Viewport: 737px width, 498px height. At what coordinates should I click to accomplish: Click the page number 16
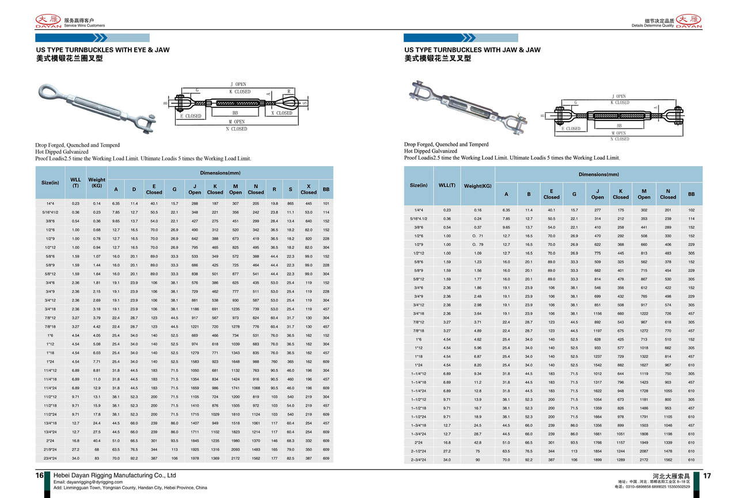40,476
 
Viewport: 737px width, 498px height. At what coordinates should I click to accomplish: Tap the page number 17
708,476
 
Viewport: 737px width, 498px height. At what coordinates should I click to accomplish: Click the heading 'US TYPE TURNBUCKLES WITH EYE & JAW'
103,50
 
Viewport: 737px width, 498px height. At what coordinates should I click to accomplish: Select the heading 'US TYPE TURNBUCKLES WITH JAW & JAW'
472,50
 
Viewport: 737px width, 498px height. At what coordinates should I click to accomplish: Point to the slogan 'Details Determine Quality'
652,26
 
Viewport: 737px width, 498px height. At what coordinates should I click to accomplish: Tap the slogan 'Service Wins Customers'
85,26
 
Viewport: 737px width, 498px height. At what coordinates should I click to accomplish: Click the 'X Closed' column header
309,189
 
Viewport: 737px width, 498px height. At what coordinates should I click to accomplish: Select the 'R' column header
274,189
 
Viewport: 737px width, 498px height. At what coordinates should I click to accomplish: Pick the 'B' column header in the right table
529,194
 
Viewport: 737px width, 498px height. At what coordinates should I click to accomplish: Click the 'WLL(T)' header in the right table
447,185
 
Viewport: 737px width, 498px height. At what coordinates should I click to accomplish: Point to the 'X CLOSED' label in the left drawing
282,114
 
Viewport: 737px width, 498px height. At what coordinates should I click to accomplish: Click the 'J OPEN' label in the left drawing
238,85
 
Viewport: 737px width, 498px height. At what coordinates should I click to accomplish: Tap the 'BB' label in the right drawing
619,125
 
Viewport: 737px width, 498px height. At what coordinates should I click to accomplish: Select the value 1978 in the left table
195,458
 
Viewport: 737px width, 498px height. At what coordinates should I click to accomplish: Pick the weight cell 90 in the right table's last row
478,460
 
